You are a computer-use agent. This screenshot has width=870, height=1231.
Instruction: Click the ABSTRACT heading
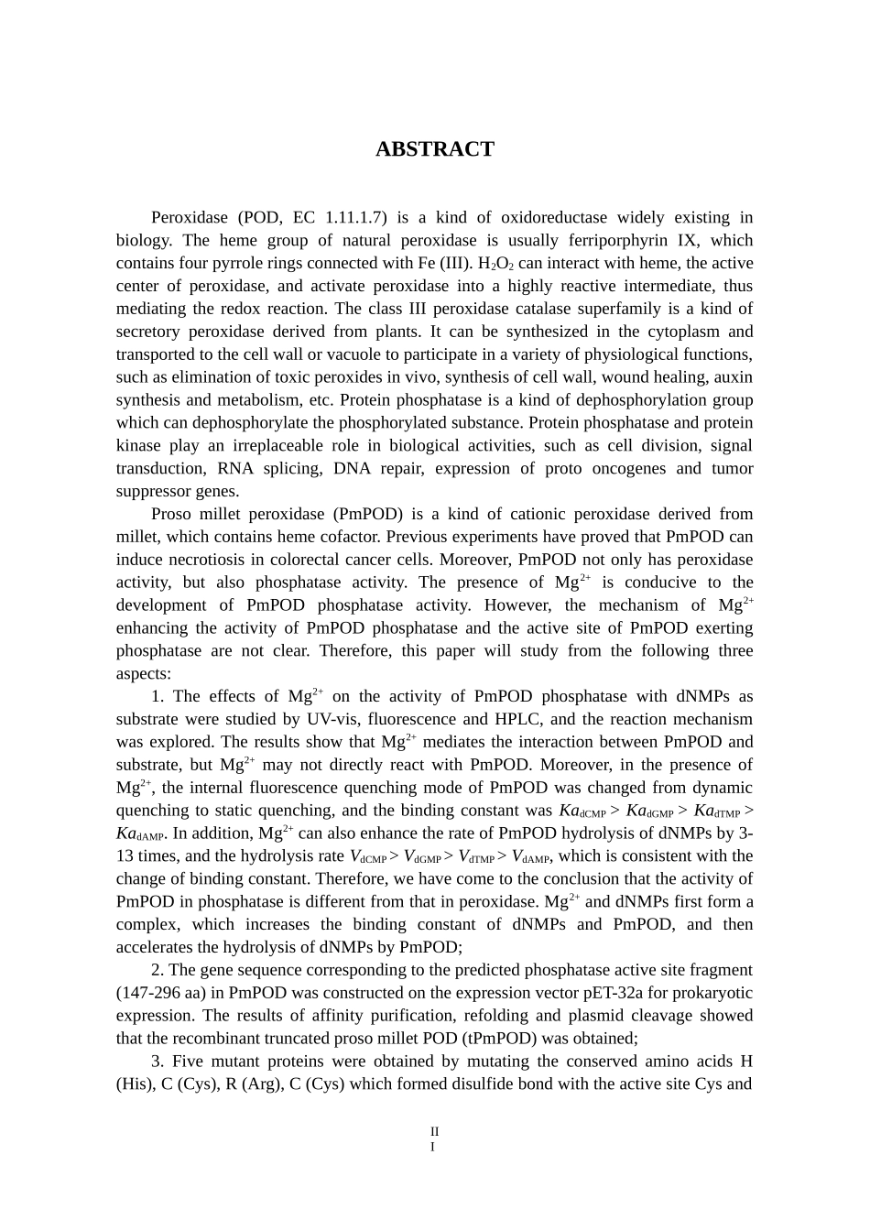(x=434, y=149)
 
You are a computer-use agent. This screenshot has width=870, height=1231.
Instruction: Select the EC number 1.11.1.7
(x=353, y=218)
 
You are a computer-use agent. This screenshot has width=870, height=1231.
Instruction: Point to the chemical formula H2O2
(x=495, y=264)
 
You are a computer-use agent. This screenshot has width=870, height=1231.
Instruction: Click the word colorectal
(x=320, y=560)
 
